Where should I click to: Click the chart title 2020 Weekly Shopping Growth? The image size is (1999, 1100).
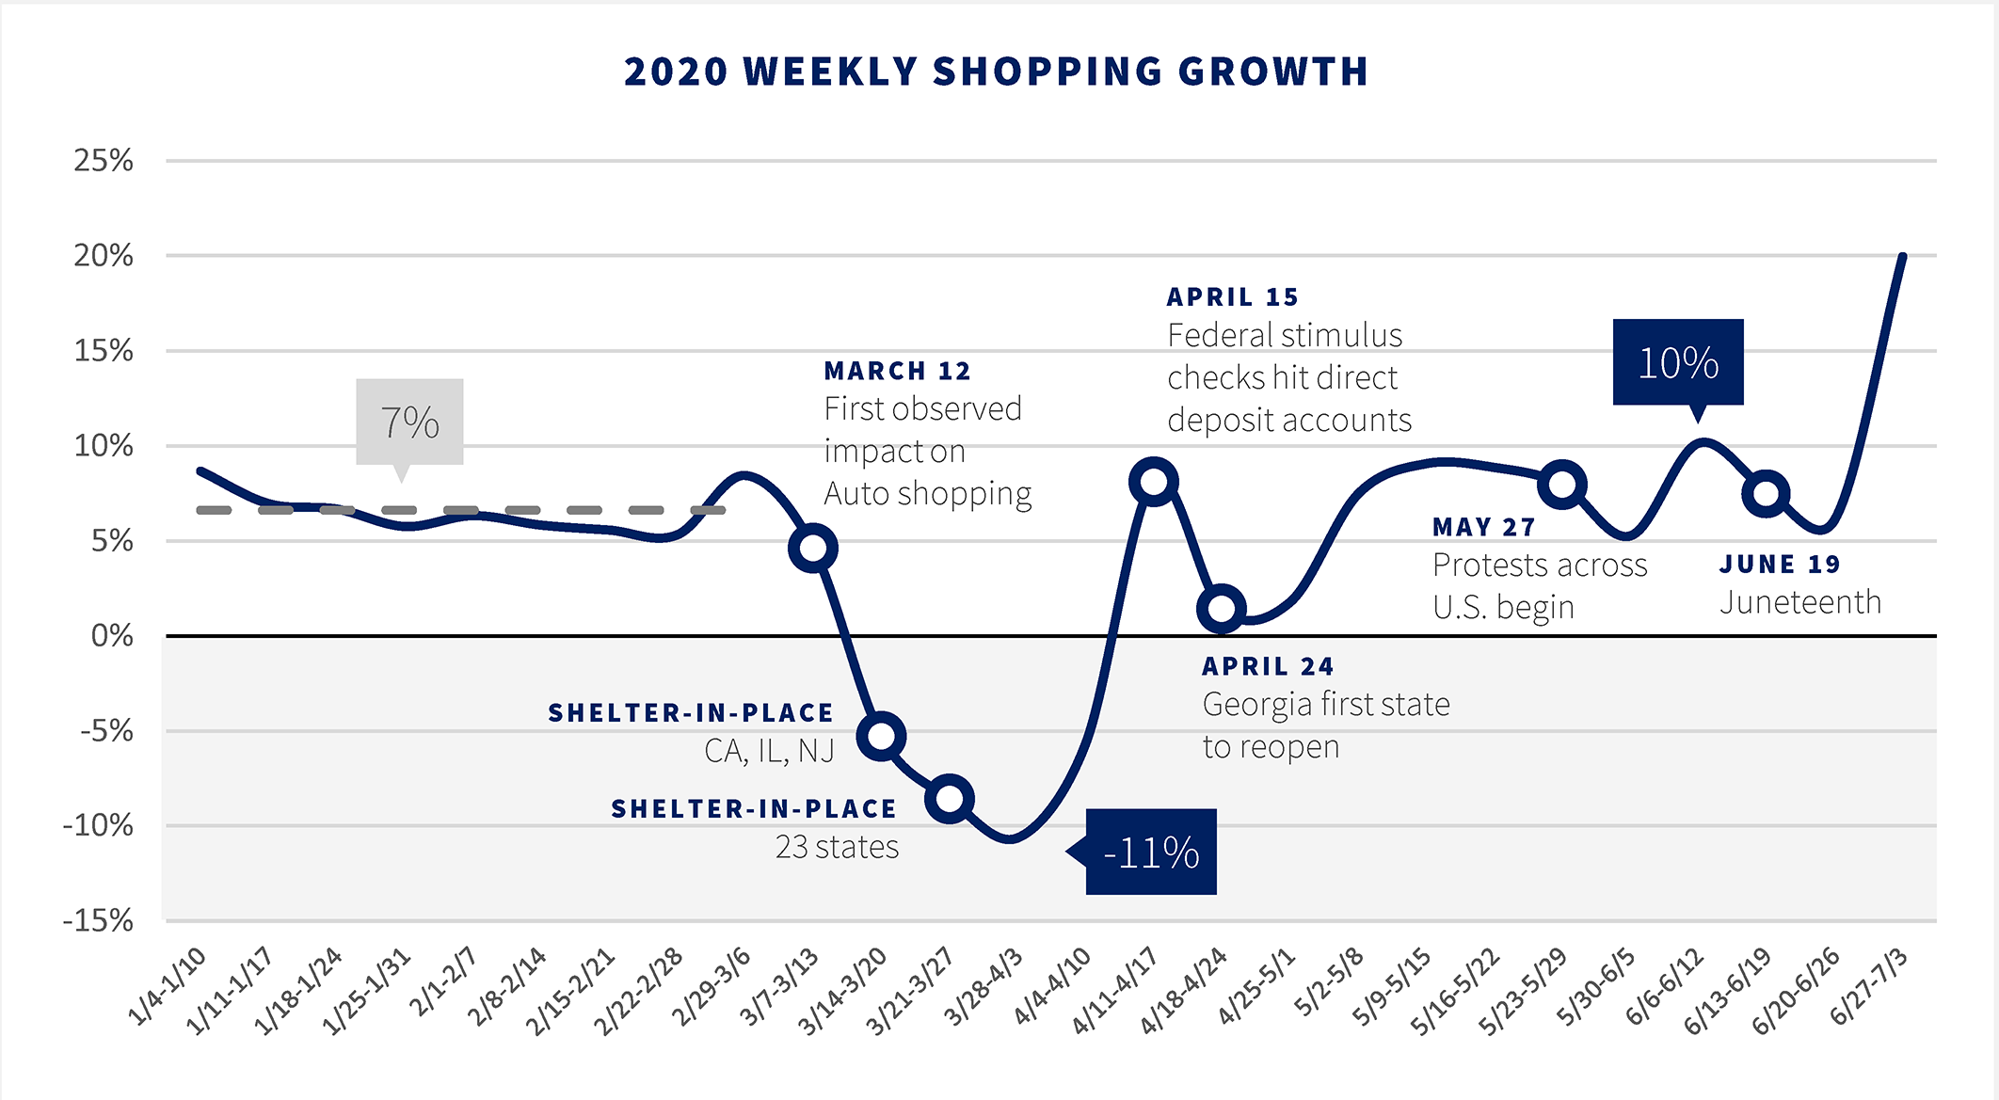tap(997, 72)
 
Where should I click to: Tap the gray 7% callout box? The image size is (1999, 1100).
tap(409, 422)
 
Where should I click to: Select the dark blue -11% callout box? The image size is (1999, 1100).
tap(1150, 852)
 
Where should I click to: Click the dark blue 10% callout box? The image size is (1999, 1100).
tap(1678, 362)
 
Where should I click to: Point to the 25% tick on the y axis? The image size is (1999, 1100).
tap(104, 161)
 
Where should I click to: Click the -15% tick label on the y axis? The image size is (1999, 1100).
tap(98, 920)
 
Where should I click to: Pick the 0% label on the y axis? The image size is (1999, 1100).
tap(111, 636)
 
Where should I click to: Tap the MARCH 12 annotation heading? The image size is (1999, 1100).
tap(897, 371)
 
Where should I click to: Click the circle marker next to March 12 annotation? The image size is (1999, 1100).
tap(813, 548)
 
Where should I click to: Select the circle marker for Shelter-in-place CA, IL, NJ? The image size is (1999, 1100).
tap(882, 736)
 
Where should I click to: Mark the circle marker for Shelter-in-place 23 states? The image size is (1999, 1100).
tap(950, 799)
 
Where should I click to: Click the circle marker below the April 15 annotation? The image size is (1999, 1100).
tap(1154, 482)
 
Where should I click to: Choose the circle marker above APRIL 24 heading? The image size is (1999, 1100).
tap(1222, 608)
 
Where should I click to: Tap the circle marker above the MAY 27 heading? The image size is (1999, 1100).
tap(1562, 485)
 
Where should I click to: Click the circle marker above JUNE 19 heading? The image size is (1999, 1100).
tap(1766, 493)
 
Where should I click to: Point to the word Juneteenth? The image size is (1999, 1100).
tap(1800, 602)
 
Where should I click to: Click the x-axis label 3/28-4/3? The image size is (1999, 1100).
tap(984, 987)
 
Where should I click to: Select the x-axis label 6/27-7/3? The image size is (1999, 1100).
tap(1868, 987)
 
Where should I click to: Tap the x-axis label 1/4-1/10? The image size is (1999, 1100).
tap(167, 987)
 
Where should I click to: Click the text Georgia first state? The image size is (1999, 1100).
tap(1326, 704)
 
